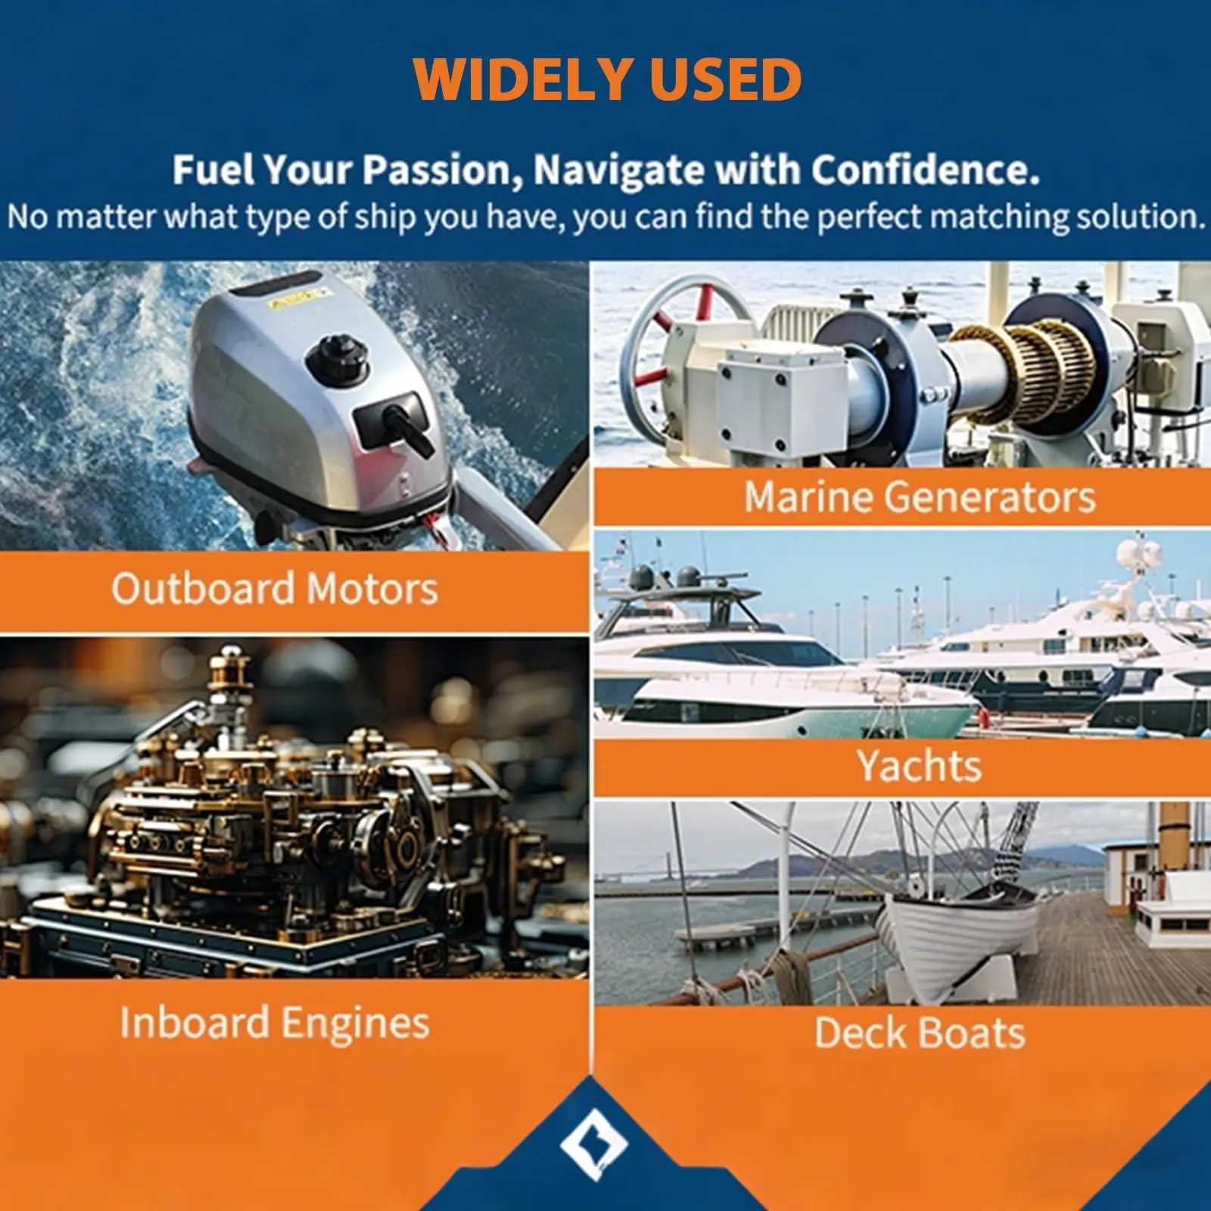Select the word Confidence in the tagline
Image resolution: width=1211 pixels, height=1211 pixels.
coord(925,170)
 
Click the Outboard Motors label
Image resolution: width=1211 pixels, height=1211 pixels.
coord(275,589)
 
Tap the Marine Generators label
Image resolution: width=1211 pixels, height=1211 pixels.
coord(920,497)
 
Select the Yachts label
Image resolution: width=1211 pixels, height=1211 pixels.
coord(920,766)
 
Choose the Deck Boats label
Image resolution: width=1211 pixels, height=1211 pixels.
coord(920,1033)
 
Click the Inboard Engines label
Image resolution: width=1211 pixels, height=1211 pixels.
coord(275,1023)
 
